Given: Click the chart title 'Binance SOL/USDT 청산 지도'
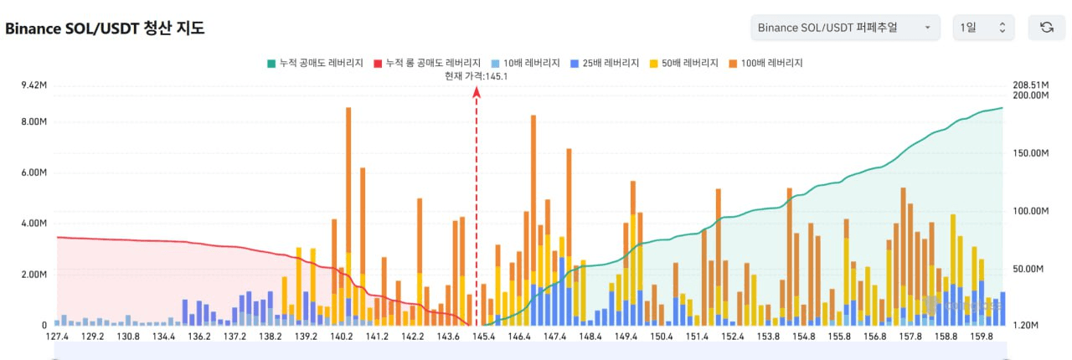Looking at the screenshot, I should [105, 28].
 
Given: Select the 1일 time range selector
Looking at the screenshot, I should [983, 28].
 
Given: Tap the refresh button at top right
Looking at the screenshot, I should [1046, 28].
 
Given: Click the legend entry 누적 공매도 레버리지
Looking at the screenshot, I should [315, 63].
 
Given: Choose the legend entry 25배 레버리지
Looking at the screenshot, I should [604, 63].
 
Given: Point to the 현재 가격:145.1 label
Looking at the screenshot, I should [477, 76].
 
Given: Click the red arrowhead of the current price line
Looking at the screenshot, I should [477, 92].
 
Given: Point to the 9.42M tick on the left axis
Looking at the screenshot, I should [34, 85].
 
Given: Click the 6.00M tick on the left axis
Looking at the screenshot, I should [34, 172].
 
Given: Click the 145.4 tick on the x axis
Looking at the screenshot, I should [483, 337].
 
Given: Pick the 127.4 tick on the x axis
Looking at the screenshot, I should [58, 337].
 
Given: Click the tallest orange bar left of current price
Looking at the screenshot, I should [348, 209].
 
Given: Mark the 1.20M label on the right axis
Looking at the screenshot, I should [1027, 325].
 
